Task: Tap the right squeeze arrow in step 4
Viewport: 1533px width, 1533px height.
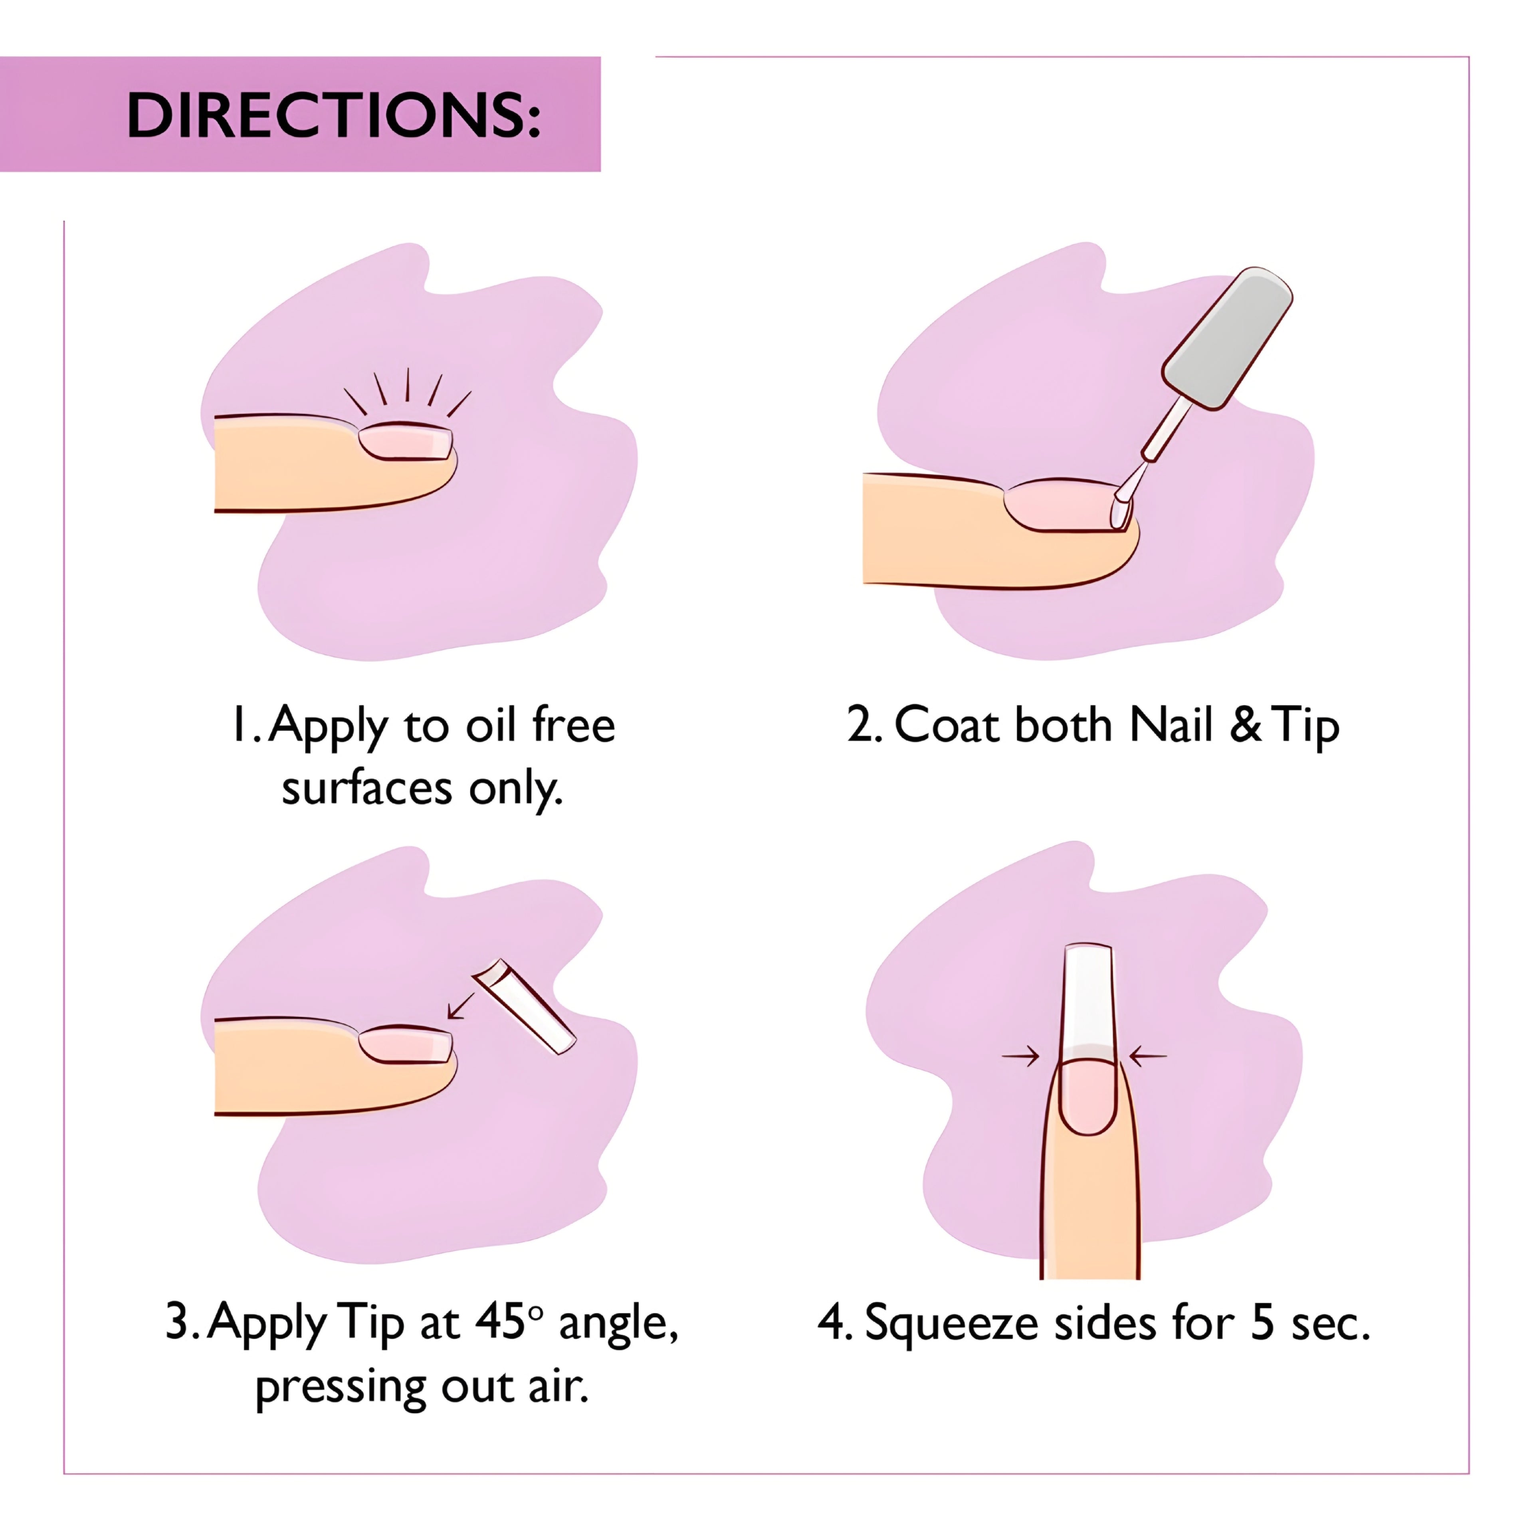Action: (1147, 1056)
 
